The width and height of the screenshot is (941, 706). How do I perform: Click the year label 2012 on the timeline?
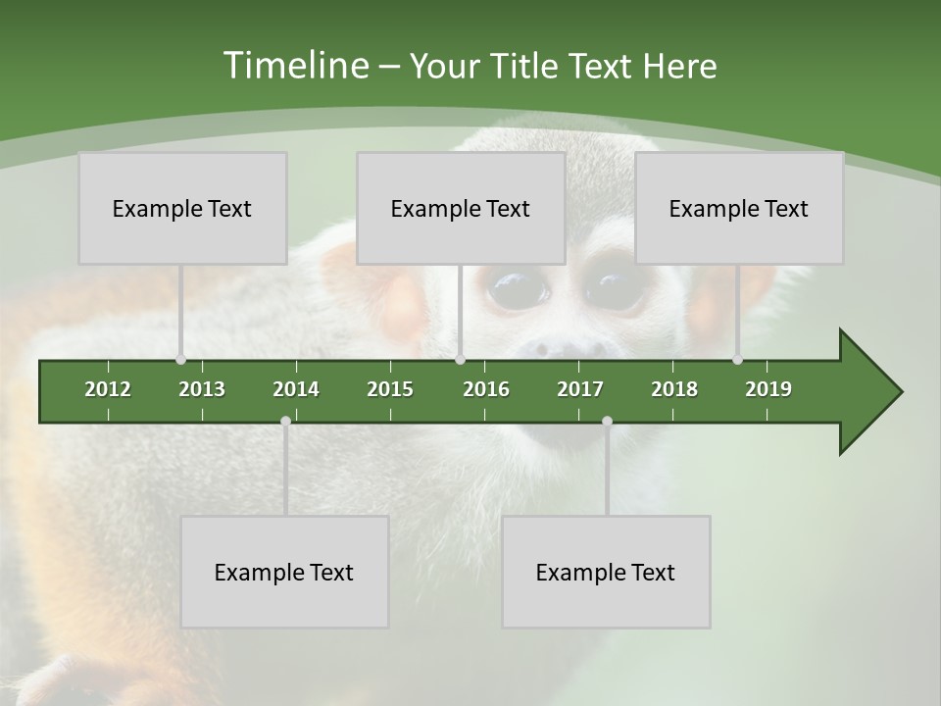[108, 389]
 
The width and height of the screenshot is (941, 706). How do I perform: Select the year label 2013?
[202, 389]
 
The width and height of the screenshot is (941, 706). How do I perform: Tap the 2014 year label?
[296, 389]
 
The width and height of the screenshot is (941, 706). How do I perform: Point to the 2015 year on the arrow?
[390, 389]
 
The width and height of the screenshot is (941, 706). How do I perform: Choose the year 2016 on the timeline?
[486, 389]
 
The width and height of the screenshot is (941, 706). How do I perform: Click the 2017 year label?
[580, 389]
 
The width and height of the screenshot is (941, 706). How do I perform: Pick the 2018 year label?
[674, 389]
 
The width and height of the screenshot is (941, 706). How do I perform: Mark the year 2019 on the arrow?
[768, 389]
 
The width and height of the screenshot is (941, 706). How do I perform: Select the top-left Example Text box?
[182, 208]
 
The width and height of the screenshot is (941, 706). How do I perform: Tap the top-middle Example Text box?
[461, 208]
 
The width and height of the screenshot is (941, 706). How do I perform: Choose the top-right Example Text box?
[739, 208]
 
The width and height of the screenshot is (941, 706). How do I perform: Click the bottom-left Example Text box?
[284, 572]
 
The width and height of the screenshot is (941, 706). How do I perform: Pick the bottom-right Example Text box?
[606, 572]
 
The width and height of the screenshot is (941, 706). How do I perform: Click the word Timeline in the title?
[295, 66]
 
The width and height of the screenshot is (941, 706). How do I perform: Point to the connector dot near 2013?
[180, 359]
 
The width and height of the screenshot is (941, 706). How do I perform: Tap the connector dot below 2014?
[285, 422]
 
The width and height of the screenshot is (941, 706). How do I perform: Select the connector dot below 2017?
[607, 422]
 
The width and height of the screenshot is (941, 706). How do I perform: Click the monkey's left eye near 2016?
[519, 287]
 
